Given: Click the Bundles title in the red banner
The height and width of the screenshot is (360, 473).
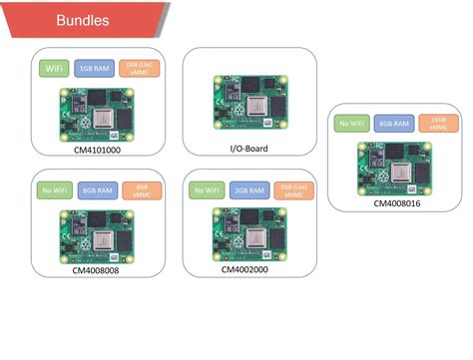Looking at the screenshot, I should click(x=83, y=20).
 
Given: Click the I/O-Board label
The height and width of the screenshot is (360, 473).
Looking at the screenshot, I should click(x=249, y=149).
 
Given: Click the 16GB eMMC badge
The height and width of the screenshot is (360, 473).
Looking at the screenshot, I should click(x=438, y=125).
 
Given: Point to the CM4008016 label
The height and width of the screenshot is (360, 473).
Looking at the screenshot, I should click(x=397, y=202).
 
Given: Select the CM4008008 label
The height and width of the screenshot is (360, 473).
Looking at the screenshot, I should click(x=97, y=269).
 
